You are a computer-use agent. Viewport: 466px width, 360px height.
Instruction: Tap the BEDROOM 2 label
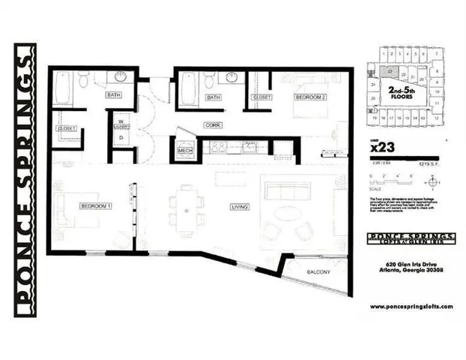pos(309,97)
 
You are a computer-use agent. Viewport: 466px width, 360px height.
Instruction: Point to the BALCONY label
pos(316,271)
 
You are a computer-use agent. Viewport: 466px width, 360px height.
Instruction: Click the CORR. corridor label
pos(212,124)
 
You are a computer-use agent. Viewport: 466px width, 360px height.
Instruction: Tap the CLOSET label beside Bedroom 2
pos(261,97)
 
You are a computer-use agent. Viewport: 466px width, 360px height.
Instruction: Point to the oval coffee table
pos(287,214)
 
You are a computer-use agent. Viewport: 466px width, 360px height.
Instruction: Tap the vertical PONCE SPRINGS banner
pos(25,180)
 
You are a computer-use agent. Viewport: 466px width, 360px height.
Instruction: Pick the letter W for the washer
pos(118,121)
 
